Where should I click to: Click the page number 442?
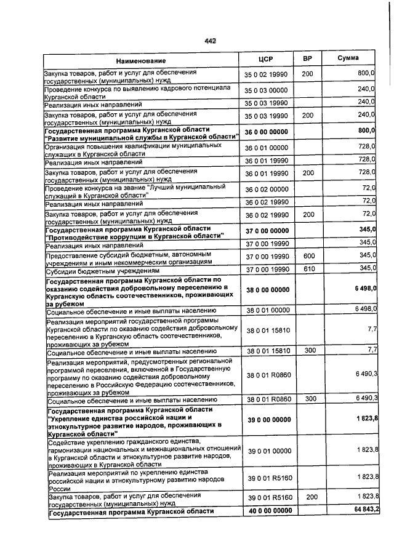click(210, 41)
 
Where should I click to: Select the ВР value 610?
click(308, 269)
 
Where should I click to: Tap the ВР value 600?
click(308, 255)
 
